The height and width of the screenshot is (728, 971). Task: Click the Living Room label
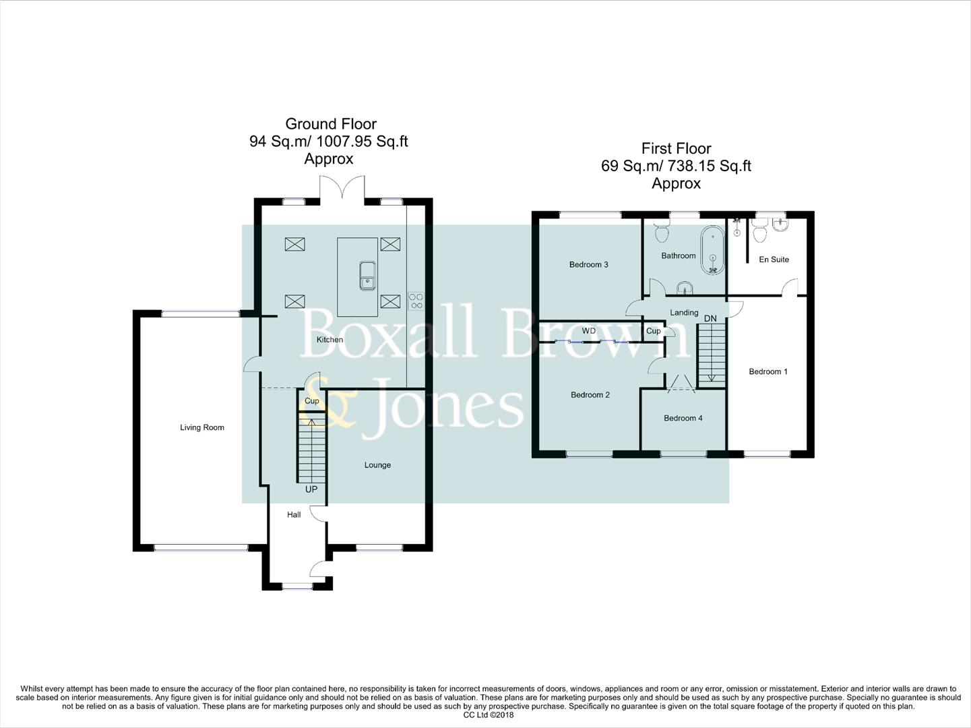[x=201, y=427]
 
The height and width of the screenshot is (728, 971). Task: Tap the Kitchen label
[x=330, y=339]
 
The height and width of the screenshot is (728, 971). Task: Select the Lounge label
[x=377, y=464]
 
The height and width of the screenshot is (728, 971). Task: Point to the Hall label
[x=294, y=514]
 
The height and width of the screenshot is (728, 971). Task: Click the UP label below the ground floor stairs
[x=311, y=489]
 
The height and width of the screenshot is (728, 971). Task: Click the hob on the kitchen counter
[x=416, y=301]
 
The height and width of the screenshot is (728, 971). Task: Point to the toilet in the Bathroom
[x=661, y=232]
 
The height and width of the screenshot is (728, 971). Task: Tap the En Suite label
[x=774, y=259]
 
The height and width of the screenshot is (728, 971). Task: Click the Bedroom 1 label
[x=768, y=371]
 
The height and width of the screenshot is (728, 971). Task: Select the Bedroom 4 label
[x=683, y=418]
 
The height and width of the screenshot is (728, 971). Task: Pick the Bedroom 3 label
[x=588, y=264]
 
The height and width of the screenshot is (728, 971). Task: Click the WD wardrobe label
[x=588, y=331]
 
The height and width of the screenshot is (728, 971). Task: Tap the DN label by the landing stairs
[x=710, y=318]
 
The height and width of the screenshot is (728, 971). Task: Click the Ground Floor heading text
[x=330, y=124]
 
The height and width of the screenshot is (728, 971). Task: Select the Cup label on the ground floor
[x=311, y=400]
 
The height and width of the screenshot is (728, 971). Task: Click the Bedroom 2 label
[x=590, y=394]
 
